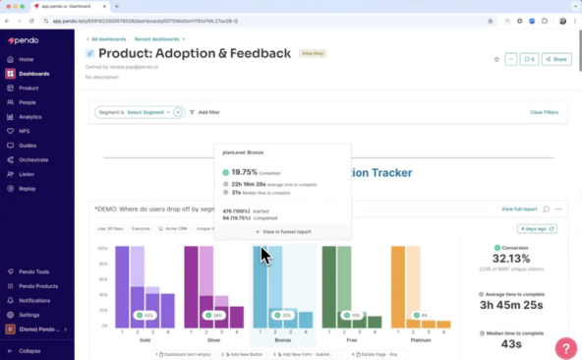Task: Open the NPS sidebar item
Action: pos(25,131)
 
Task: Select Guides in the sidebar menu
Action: pos(28,145)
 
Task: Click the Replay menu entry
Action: pos(28,187)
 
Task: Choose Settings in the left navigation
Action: pos(29,315)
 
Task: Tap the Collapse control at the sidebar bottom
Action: pos(29,350)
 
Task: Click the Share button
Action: pos(556,59)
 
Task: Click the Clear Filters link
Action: pos(544,112)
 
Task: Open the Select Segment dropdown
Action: pos(147,112)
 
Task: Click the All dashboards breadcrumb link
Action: pos(110,39)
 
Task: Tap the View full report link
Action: pos(519,209)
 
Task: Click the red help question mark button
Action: pos(565,346)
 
